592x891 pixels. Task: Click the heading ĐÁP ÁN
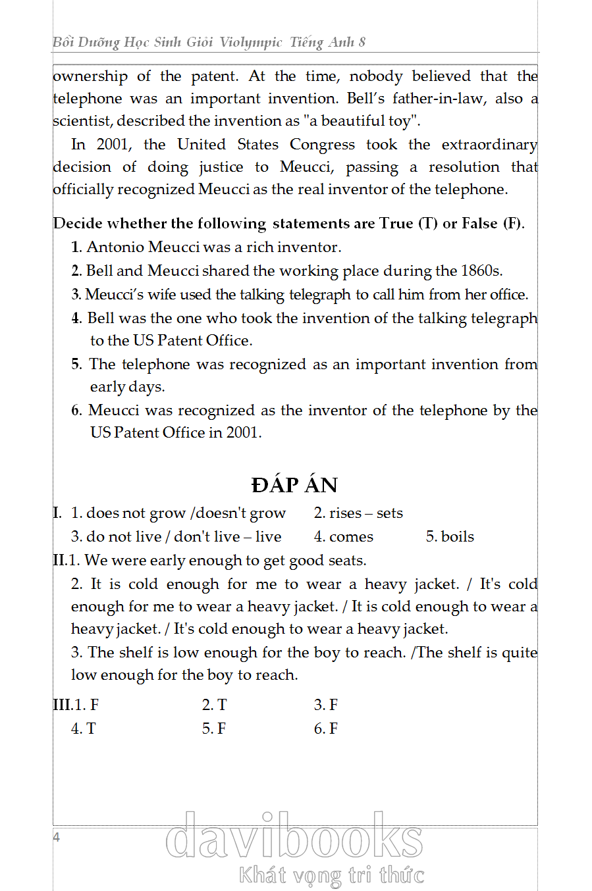click(x=294, y=485)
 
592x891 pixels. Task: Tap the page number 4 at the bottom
click(x=57, y=837)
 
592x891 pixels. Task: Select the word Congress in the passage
click(x=322, y=145)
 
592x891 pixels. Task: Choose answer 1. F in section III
click(x=86, y=705)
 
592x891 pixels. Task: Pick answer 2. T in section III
click(x=214, y=705)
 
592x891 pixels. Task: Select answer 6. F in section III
click(x=326, y=728)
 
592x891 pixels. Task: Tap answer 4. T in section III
click(x=84, y=728)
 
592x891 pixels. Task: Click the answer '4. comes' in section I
click(x=343, y=537)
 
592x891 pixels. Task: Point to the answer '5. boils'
click(x=450, y=537)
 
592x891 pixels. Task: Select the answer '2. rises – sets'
click(x=358, y=513)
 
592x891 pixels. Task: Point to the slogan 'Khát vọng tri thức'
click(x=331, y=875)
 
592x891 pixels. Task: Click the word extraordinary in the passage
click(x=489, y=145)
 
